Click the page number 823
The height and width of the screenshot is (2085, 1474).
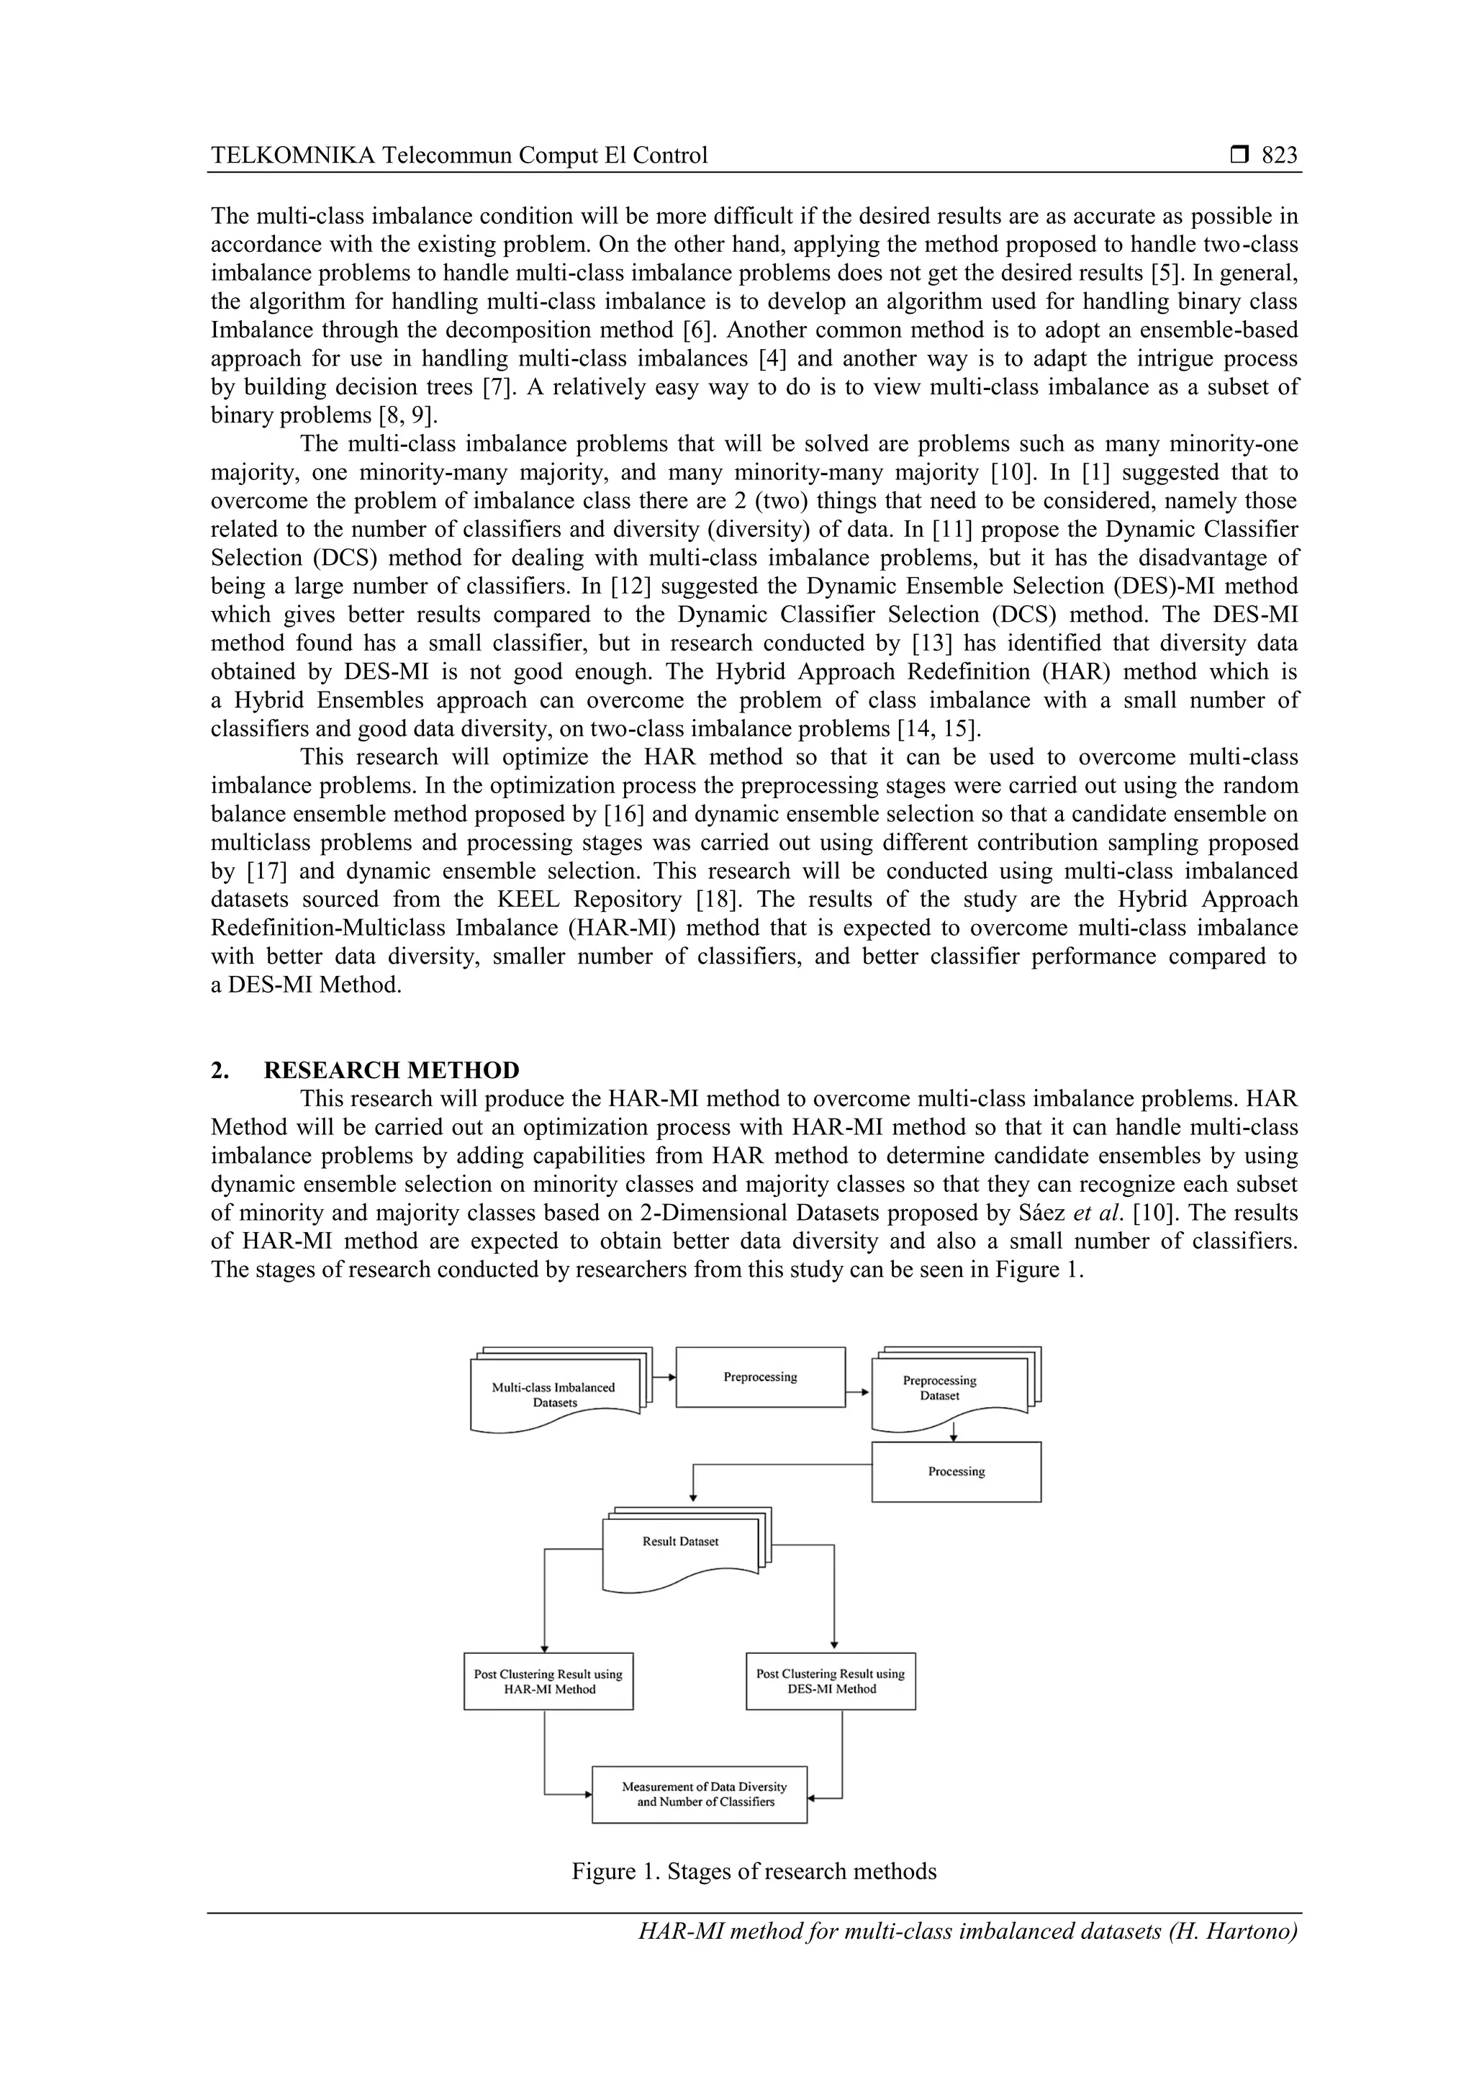1279,155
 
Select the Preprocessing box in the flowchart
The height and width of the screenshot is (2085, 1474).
760,1377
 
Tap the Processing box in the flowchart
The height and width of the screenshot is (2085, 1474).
955,1471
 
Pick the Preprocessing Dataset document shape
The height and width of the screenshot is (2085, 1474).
939,1388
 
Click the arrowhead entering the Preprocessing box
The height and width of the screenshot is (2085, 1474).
672,1377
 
